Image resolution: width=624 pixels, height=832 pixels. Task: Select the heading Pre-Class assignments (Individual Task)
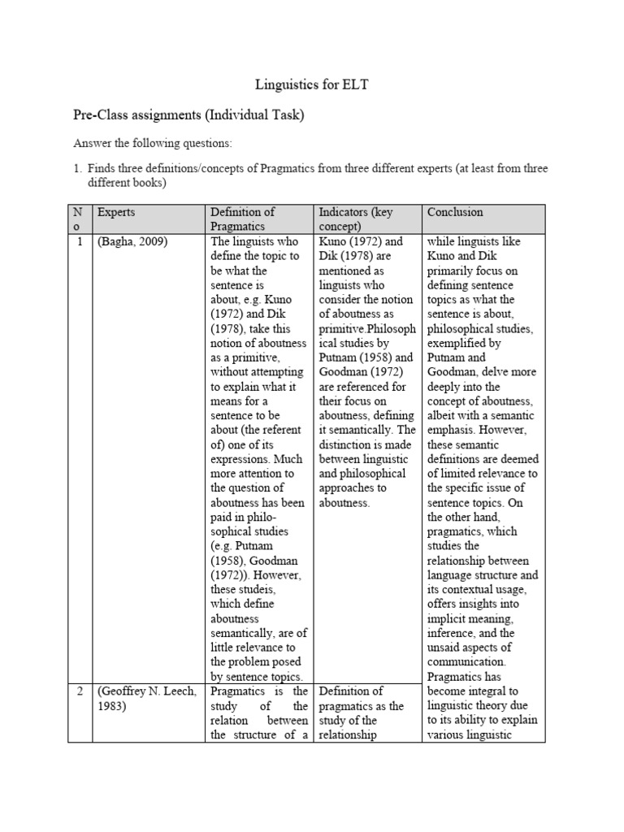(x=188, y=115)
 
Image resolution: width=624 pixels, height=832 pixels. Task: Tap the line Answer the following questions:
(x=153, y=144)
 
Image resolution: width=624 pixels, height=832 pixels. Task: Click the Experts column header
(x=116, y=212)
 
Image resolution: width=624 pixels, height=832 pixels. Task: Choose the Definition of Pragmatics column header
(x=242, y=219)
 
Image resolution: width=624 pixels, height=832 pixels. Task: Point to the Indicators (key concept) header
(x=355, y=219)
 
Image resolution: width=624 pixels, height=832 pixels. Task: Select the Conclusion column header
(x=454, y=212)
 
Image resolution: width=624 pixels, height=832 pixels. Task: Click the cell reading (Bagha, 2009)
(x=132, y=241)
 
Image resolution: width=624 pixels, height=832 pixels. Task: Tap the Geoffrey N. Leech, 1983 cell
(x=149, y=698)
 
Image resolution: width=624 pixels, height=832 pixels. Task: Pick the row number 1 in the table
(x=81, y=241)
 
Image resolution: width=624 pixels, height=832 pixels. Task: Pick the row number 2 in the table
(x=81, y=691)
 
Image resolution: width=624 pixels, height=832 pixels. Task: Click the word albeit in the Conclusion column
(x=442, y=415)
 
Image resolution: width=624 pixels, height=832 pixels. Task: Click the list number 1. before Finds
(x=79, y=168)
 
